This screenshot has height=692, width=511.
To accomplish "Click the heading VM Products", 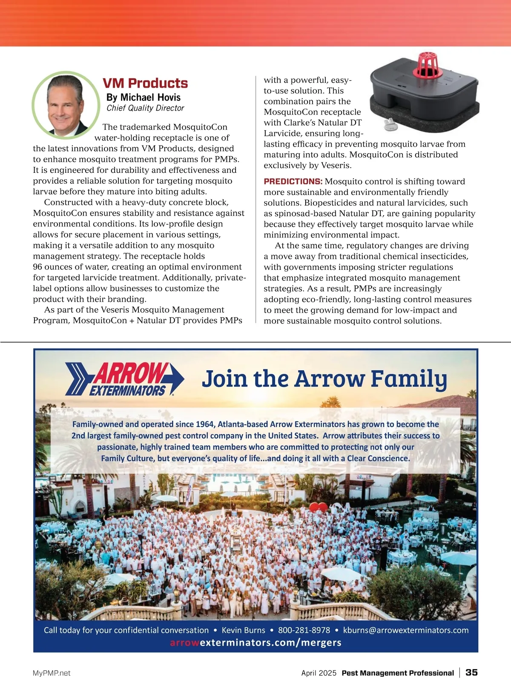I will pyautogui.click(x=145, y=83).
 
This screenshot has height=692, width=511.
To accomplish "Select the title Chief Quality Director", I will pyautogui.click(x=145, y=108).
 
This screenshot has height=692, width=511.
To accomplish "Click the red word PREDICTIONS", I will pyautogui.click(x=293, y=182).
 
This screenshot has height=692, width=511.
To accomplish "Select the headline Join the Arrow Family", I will pyautogui.click(x=324, y=379).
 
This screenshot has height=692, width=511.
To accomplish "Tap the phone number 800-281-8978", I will pyautogui.click(x=304, y=630).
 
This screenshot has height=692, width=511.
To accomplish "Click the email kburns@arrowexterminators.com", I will pyautogui.click(x=405, y=630).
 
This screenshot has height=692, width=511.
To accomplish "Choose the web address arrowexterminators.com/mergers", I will pyautogui.click(x=255, y=643).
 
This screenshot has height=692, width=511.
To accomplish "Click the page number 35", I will pyautogui.click(x=471, y=672).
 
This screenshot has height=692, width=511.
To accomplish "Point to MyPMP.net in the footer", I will pyautogui.click(x=52, y=673).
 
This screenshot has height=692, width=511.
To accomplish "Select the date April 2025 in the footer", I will pyautogui.click(x=319, y=673).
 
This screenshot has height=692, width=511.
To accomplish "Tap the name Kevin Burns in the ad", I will pyautogui.click(x=243, y=630).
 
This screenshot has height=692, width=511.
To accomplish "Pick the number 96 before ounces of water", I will pyautogui.click(x=38, y=267).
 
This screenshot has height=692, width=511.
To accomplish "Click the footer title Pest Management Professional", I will pyautogui.click(x=398, y=673).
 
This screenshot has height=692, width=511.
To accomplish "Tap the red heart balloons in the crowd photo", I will pyautogui.click(x=319, y=507).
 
